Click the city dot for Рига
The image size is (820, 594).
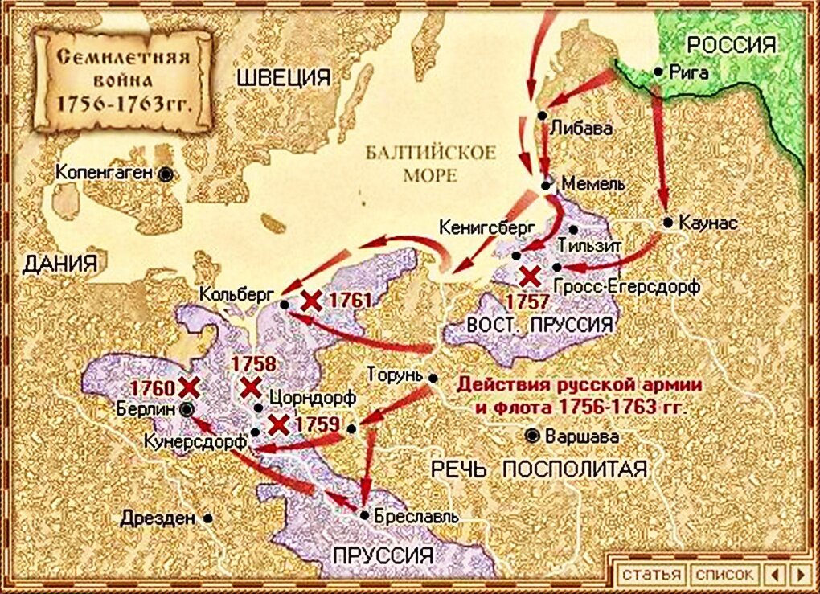click(658, 71)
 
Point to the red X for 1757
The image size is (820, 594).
click(529, 277)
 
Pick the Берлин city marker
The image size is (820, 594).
click(187, 408)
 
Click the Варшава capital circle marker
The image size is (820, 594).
click(532, 436)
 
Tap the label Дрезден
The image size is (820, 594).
click(158, 518)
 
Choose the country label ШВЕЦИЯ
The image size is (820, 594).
click(282, 77)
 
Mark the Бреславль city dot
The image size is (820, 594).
click(365, 515)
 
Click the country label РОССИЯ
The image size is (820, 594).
click(732, 44)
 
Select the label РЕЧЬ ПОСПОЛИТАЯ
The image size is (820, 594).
click(539, 469)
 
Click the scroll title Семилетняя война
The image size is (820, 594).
click(122, 81)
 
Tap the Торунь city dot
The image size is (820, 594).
click(433, 377)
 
